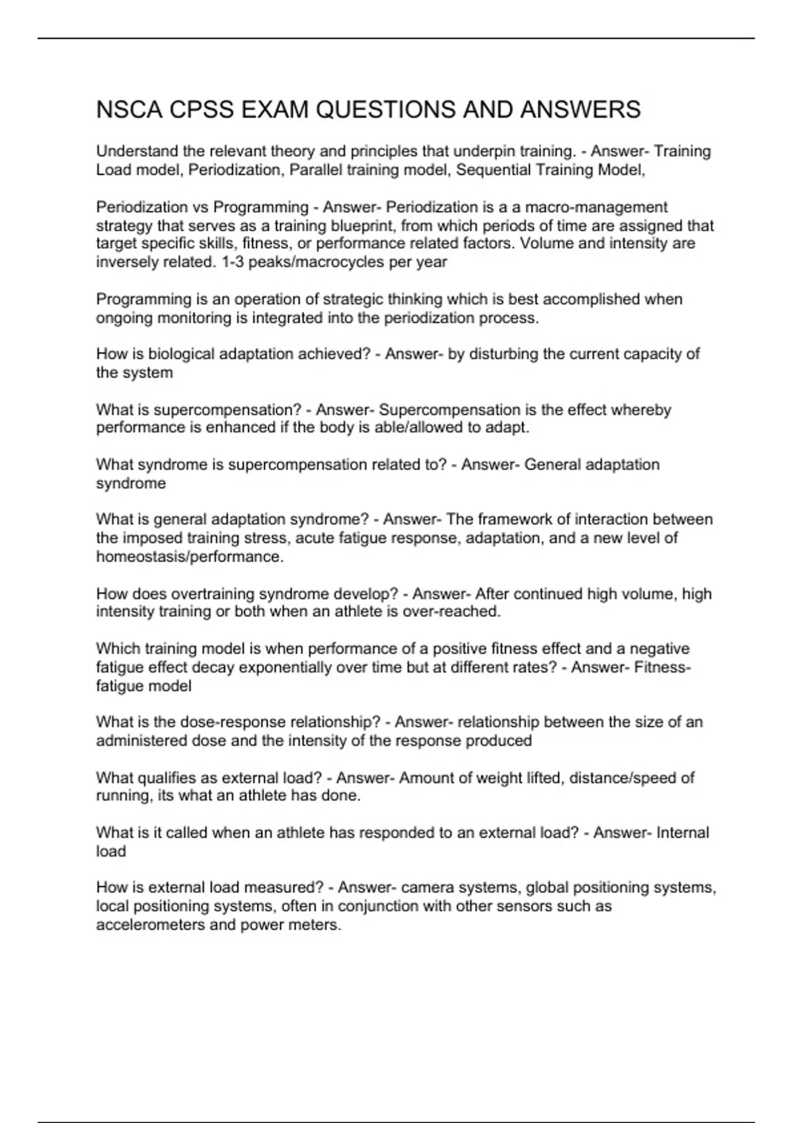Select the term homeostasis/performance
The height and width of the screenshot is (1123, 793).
tap(190, 557)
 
